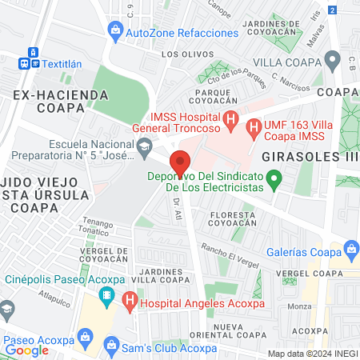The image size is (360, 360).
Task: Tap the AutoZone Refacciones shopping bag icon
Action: tap(116, 31)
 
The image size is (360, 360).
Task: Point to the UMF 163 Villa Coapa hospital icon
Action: tap(254, 126)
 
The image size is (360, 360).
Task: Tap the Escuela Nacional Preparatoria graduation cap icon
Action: tap(144, 145)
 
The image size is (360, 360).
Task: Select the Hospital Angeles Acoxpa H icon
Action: tap(130, 303)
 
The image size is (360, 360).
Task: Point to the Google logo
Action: tap(26, 350)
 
